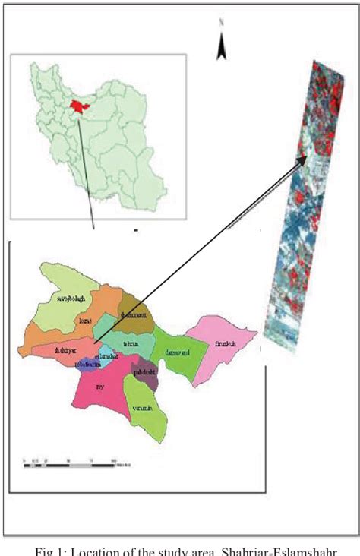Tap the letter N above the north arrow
click(221, 24)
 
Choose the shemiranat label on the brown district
click(132, 316)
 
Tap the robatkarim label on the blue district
click(89, 364)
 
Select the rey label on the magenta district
click(99, 386)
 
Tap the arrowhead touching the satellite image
click(306, 159)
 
